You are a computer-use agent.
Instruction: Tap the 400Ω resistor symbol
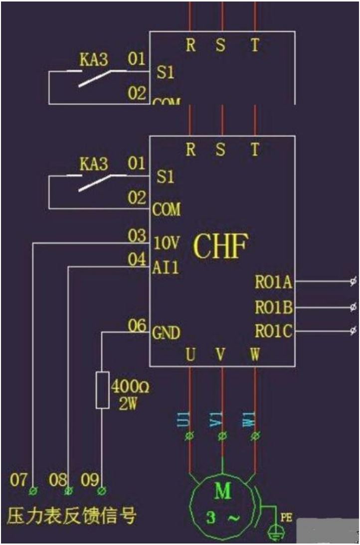coord(102,390)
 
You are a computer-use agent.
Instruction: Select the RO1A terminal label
coord(273,282)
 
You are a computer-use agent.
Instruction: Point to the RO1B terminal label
coord(273,307)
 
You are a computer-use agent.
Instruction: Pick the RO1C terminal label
coord(273,331)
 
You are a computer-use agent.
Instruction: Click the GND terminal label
coord(167,332)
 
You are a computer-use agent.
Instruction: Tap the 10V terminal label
coord(166,244)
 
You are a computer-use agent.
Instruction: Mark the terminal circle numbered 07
coord(33,491)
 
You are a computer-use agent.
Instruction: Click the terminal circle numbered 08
coord(68,491)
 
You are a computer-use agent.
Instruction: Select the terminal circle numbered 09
coord(102,491)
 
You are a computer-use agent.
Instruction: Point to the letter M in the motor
coord(222,491)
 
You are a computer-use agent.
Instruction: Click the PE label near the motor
coord(286,518)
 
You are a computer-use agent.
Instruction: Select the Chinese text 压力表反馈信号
coord(71,516)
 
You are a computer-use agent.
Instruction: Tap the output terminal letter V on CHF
coord(220,355)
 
